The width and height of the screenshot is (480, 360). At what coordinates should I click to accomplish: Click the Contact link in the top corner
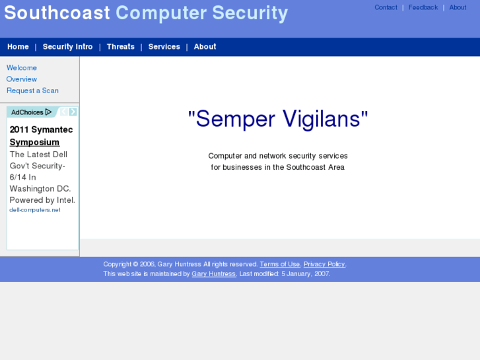tap(386, 8)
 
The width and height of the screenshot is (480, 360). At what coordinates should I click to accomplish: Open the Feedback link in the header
tap(423, 8)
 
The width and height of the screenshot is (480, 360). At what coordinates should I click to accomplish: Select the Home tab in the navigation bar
tap(18, 47)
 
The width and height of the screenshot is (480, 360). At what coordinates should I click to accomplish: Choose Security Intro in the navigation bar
tap(67, 47)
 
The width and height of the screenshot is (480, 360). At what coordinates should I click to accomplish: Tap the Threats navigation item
tap(120, 47)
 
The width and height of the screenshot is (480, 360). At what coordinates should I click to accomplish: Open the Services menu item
tap(164, 47)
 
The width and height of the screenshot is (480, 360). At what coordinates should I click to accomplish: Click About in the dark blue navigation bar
tap(205, 47)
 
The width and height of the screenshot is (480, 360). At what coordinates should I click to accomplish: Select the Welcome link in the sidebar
tap(22, 68)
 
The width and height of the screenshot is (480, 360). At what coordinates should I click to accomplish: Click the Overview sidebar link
tap(22, 79)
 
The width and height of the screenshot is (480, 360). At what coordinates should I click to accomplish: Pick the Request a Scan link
tap(32, 90)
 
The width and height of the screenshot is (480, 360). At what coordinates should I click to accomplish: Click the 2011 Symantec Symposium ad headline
tap(41, 136)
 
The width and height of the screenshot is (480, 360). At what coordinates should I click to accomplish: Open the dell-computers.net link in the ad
tap(35, 210)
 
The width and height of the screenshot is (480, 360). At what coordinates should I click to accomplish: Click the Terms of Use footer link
tap(279, 264)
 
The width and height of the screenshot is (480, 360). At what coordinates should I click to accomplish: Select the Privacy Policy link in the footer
tap(324, 264)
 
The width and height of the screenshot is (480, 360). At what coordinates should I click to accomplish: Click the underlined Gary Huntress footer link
tap(213, 273)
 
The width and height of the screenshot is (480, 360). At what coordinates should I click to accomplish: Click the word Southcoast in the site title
tap(57, 13)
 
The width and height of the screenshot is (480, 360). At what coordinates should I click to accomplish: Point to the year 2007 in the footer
tap(322, 273)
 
